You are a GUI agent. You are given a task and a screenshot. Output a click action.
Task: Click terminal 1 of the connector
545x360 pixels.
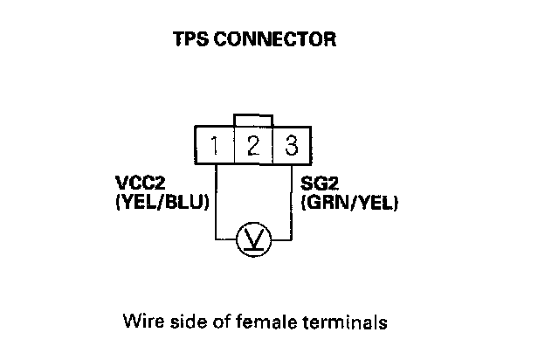click(x=215, y=145)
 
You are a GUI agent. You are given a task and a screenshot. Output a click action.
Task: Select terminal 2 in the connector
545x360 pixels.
click(x=253, y=145)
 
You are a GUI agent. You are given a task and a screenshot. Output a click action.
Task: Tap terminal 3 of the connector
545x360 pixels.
click(x=291, y=145)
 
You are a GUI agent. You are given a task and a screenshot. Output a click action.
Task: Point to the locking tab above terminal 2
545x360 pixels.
click(x=253, y=121)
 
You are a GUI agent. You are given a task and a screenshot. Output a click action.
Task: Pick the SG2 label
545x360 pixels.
click(x=316, y=185)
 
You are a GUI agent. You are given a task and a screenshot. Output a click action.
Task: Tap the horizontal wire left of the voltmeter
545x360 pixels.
click(x=226, y=238)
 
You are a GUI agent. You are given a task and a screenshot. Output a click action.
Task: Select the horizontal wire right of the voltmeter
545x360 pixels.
click(x=281, y=238)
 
